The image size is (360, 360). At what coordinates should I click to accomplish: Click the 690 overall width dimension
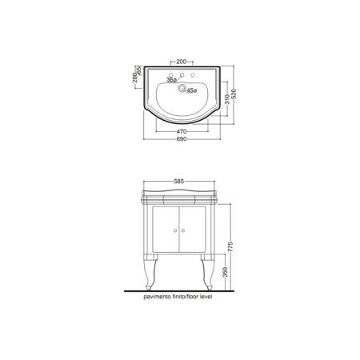pos(182,139)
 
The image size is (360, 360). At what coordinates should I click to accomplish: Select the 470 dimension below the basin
pos(182,131)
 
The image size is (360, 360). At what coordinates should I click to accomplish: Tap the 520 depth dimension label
pos(234,94)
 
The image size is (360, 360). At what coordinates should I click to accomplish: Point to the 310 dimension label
pos(227,99)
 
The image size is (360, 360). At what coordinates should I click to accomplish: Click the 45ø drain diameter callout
pos(191,90)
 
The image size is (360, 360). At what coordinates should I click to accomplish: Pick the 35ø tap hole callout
pos(171,79)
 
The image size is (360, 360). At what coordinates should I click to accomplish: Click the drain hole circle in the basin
pos(182,87)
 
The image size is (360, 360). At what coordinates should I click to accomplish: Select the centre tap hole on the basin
pos(182,74)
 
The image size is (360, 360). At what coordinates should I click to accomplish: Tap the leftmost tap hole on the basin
pos(170,74)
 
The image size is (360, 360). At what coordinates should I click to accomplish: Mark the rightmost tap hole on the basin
pos(193,74)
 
